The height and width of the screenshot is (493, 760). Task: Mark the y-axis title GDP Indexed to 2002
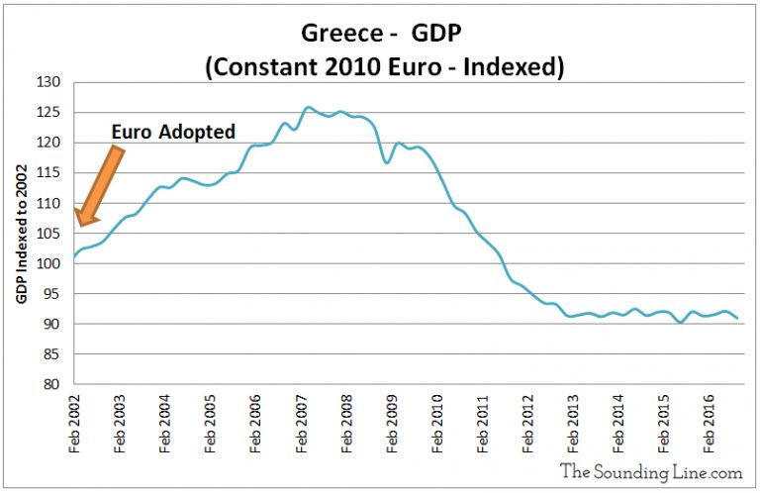[21, 234]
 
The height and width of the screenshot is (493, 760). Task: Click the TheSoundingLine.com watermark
[649, 471]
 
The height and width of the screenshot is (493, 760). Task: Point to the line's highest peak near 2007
[308, 107]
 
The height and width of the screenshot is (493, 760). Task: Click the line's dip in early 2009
[387, 161]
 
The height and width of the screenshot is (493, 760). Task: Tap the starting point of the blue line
[74, 257]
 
